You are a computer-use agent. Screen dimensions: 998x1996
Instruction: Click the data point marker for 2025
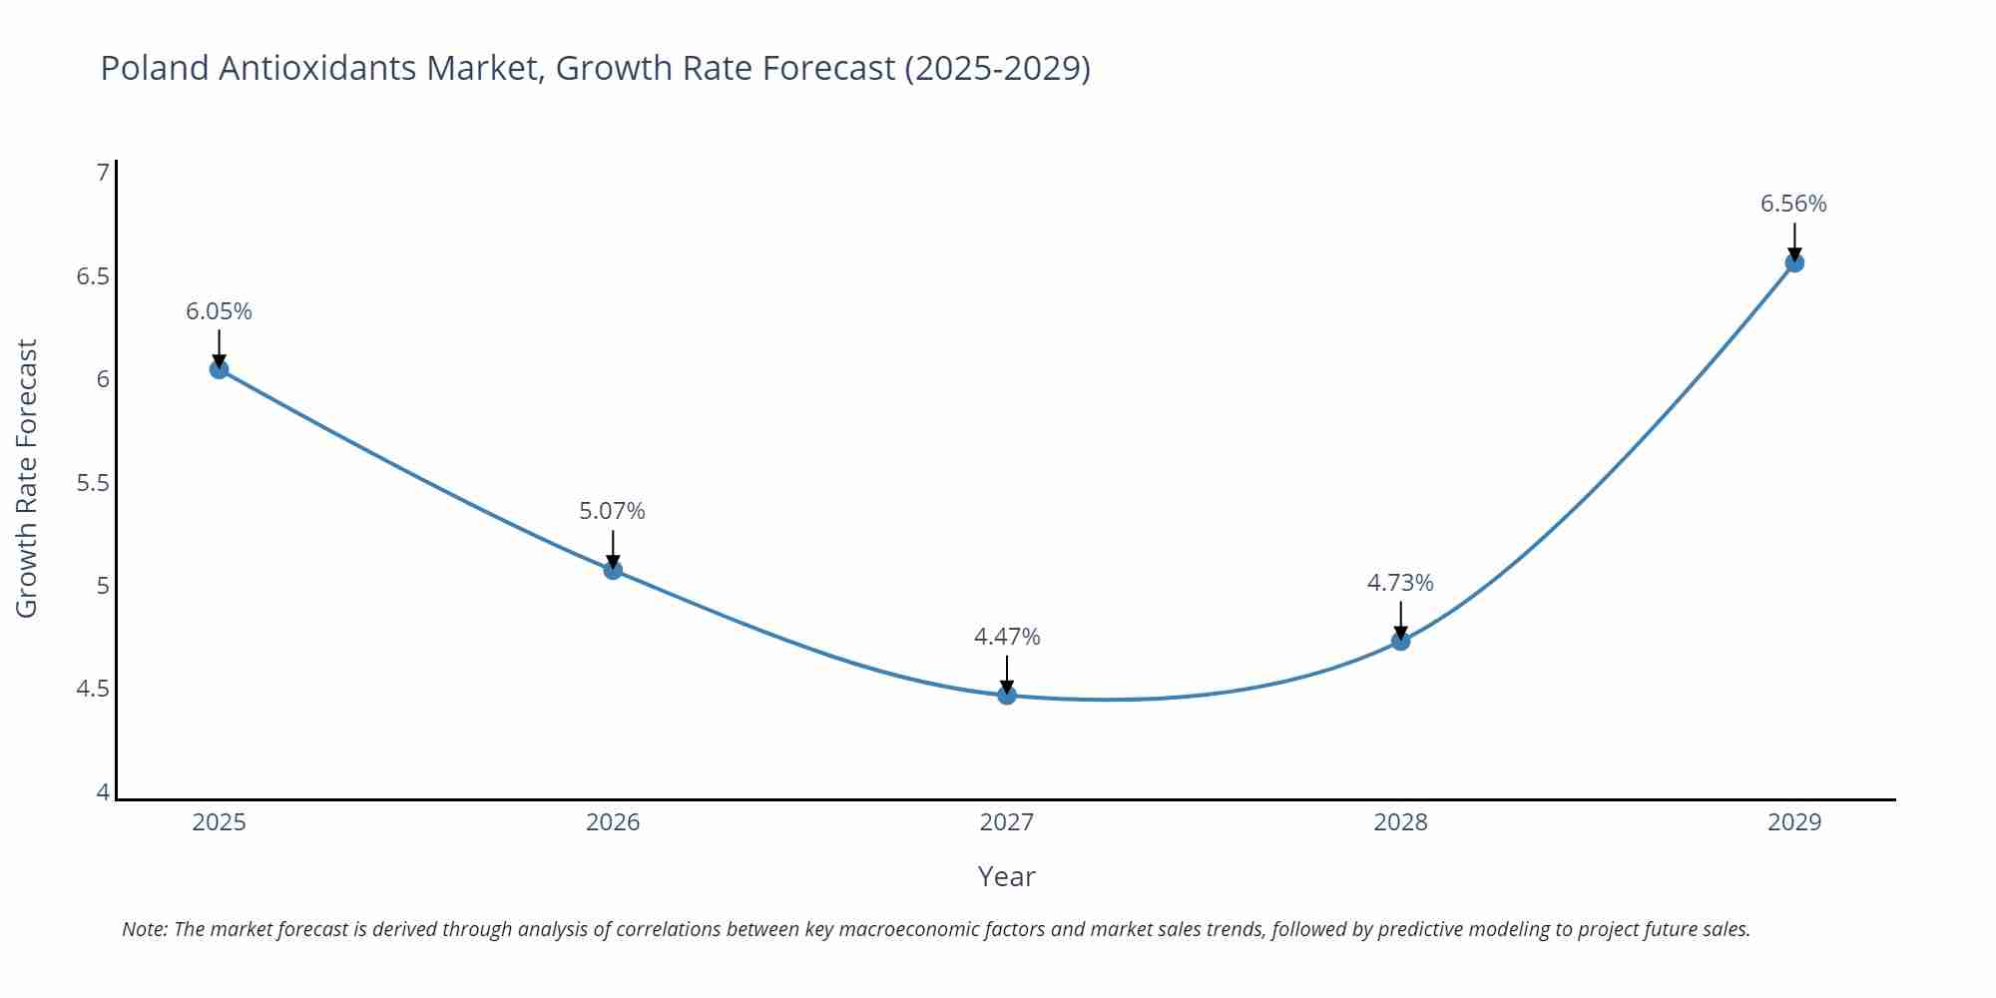tap(219, 369)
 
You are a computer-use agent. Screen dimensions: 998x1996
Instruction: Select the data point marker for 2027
tap(1006, 695)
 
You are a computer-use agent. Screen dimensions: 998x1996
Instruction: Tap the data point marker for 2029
tap(1793, 262)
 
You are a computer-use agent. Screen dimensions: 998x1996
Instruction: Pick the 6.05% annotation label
tap(219, 311)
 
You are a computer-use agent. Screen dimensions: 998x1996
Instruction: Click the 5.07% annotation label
tap(612, 511)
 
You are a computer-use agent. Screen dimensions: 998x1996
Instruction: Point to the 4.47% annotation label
tap(1006, 637)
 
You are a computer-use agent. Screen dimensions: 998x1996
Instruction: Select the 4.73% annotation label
tap(1399, 583)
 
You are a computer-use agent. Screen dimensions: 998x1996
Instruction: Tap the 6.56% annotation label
tap(1792, 204)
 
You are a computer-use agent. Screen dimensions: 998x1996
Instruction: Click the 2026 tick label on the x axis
tap(612, 822)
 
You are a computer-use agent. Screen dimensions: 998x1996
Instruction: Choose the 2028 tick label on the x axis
tap(1399, 822)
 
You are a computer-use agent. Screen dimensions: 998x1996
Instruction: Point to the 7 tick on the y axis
tap(102, 173)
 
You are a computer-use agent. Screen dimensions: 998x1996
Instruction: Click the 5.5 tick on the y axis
tap(92, 483)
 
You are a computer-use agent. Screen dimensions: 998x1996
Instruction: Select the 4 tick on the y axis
tap(102, 792)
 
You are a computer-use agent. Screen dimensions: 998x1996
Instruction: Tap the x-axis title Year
tap(1006, 876)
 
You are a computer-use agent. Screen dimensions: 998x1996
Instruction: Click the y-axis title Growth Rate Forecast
tap(27, 478)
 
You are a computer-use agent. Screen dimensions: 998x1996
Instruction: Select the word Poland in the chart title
tap(154, 68)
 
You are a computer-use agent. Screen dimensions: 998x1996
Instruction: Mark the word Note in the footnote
tap(144, 929)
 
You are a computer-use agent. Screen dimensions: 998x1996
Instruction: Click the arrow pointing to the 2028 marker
tap(1399, 620)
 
